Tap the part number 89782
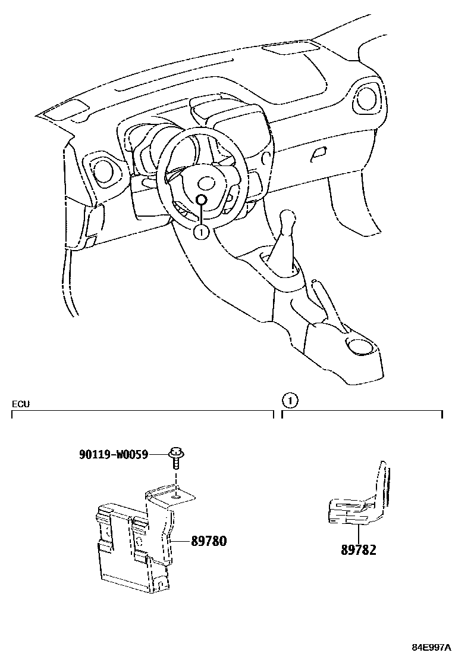[359, 551]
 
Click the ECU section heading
[21, 404]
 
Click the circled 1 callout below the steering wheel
[201, 232]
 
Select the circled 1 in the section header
[289, 401]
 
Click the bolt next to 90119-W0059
[176, 458]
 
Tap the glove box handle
[319, 154]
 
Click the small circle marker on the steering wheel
[202, 200]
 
